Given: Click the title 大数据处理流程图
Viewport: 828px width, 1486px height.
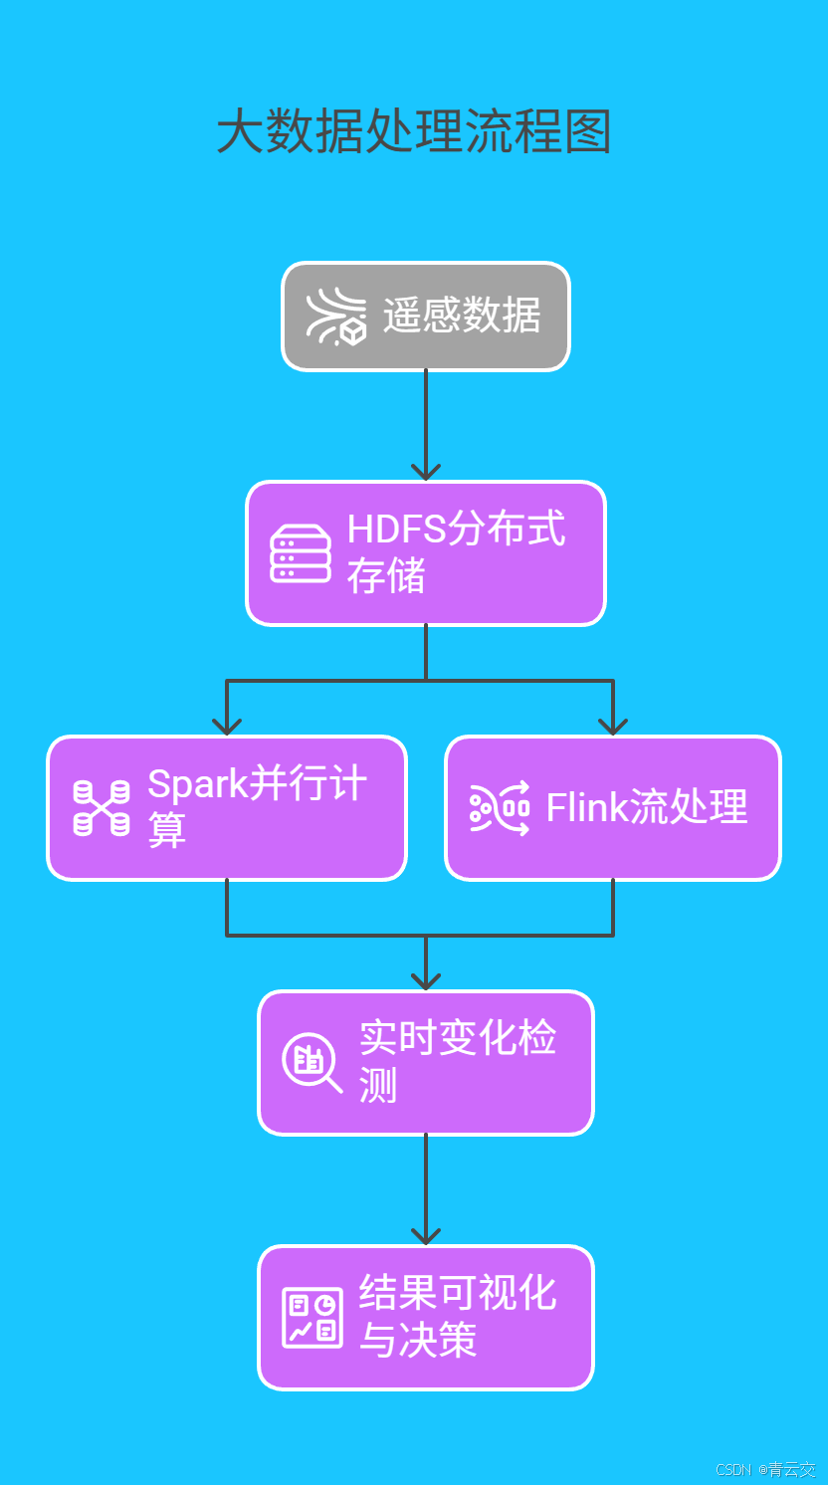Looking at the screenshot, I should (413, 132).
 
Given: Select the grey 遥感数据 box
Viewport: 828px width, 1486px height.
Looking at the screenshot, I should (426, 317).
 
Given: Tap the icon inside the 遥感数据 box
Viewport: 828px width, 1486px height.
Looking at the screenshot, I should (335, 317).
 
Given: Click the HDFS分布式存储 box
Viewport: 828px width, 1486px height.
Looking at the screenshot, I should (426, 553).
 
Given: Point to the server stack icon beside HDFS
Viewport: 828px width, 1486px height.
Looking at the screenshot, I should (301, 553).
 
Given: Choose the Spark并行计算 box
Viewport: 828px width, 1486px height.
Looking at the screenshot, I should (227, 807).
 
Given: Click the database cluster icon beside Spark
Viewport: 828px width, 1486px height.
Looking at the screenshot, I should (102, 807).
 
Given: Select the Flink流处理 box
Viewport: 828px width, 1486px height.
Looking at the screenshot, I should (612, 807).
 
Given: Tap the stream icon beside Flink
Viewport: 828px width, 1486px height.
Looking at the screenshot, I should (500, 807).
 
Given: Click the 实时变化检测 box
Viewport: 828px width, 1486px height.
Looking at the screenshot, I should (426, 1062).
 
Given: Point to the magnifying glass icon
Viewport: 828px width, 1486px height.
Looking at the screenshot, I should (311, 1062).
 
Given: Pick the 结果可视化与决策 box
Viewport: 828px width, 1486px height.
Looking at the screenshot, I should (426, 1317).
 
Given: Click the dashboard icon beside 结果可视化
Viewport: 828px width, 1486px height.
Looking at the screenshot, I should (311, 1317).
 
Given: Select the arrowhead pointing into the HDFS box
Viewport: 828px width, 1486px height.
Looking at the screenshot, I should (426, 471).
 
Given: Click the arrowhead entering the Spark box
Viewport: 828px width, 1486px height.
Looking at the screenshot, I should (227, 726).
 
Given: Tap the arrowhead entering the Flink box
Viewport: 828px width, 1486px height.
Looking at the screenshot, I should (612, 726).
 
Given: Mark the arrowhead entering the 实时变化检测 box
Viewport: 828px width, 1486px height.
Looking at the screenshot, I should (426, 980).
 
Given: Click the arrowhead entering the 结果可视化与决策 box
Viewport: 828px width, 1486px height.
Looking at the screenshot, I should (426, 1235).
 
